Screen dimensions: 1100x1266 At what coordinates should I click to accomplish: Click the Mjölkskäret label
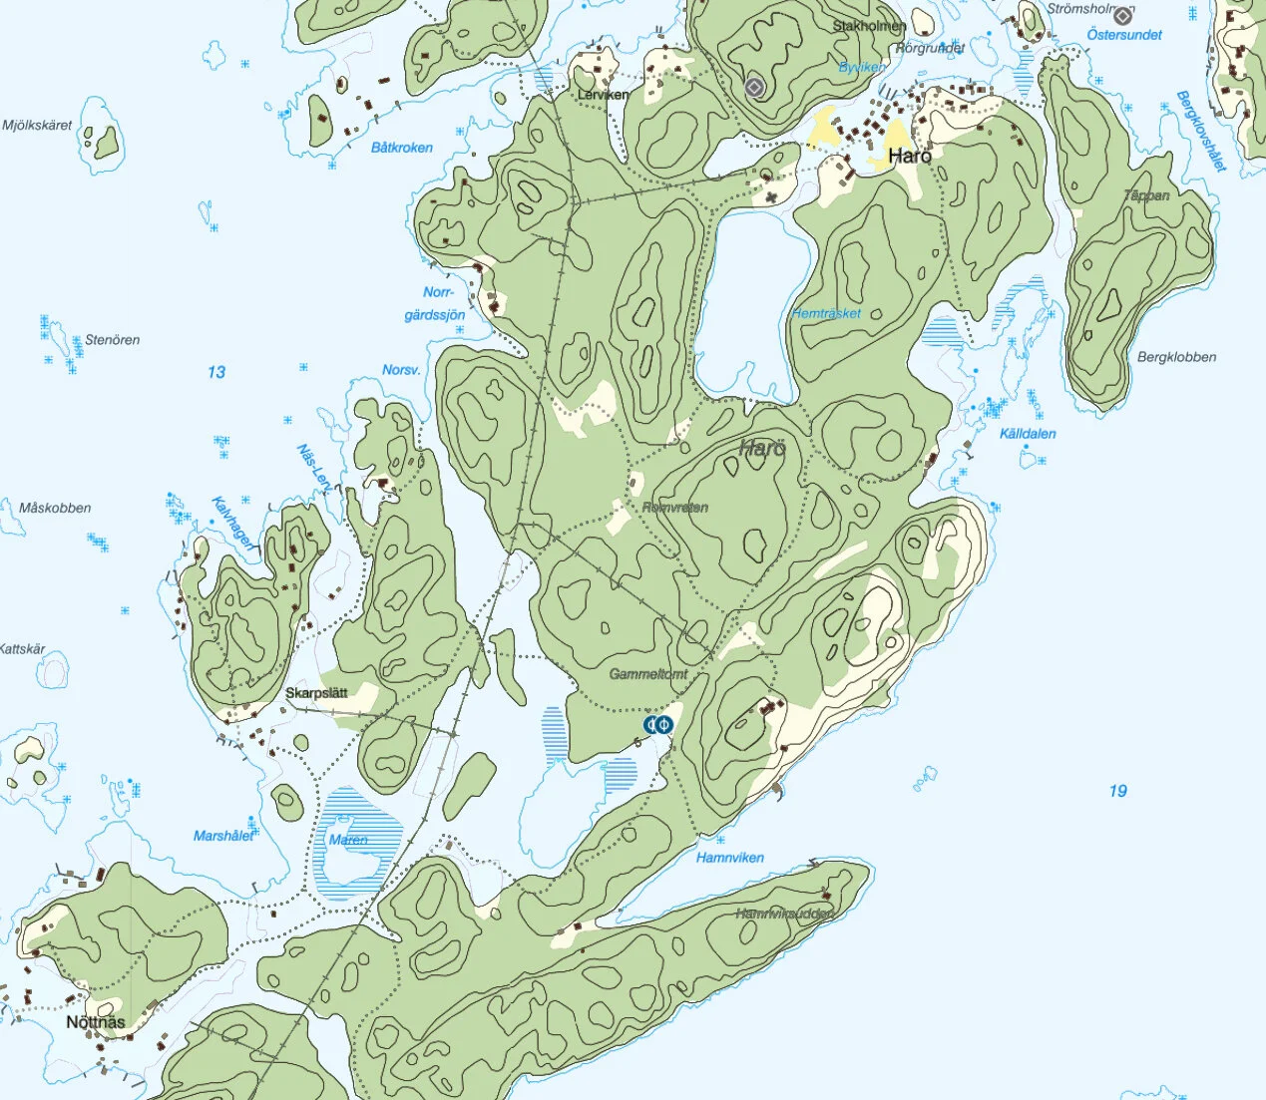pyautogui.click(x=37, y=126)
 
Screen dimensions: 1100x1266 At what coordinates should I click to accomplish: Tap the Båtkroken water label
pyautogui.click(x=402, y=148)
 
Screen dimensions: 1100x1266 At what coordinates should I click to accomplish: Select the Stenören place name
pyautogui.click(x=112, y=340)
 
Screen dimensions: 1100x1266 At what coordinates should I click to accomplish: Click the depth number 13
pyautogui.click(x=216, y=372)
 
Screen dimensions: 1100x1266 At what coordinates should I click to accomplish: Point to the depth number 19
pyautogui.click(x=1117, y=791)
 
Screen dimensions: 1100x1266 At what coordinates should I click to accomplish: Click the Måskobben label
pyautogui.click(x=55, y=508)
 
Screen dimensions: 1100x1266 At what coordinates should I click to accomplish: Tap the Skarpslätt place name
pyautogui.click(x=316, y=693)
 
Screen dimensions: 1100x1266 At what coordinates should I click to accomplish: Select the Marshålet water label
pyautogui.click(x=223, y=836)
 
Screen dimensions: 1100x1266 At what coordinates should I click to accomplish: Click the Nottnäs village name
pyautogui.click(x=96, y=1022)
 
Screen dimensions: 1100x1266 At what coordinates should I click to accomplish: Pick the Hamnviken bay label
pyautogui.click(x=730, y=858)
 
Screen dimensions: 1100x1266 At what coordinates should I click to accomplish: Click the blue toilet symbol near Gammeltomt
pyautogui.click(x=657, y=725)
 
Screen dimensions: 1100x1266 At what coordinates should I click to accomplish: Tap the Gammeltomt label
pyautogui.click(x=648, y=674)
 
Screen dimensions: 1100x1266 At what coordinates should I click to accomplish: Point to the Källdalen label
pyautogui.click(x=1028, y=434)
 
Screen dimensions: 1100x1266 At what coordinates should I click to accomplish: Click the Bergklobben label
pyautogui.click(x=1176, y=357)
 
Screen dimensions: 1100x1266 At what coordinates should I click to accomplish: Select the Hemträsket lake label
pyautogui.click(x=826, y=313)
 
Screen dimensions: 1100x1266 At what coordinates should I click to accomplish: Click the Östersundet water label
pyautogui.click(x=1124, y=35)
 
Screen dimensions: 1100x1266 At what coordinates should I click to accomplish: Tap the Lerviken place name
pyautogui.click(x=604, y=95)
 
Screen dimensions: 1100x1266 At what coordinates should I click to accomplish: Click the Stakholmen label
pyautogui.click(x=869, y=26)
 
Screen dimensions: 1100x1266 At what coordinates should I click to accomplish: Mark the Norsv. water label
pyautogui.click(x=401, y=370)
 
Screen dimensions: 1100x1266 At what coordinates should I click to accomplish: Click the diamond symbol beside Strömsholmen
pyautogui.click(x=1123, y=15)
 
